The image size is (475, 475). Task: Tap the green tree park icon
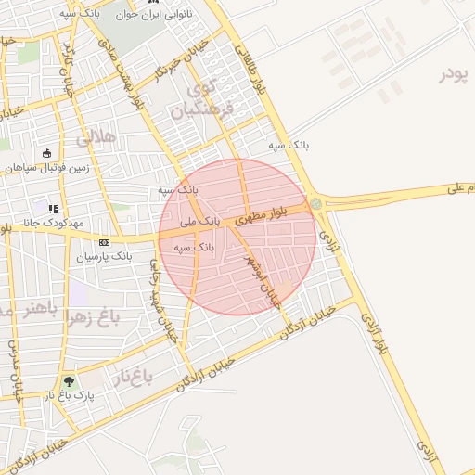coord(70,380)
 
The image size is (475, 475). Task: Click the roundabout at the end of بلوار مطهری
coord(316,204)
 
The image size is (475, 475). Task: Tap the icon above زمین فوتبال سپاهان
coord(47,153)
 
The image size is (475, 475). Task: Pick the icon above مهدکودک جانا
coord(53,209)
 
